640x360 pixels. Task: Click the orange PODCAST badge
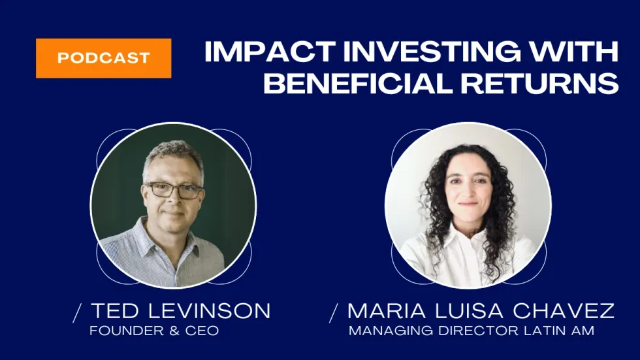[103, 58]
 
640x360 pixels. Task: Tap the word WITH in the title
[574, 52]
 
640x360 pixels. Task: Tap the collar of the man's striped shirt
[167, 241]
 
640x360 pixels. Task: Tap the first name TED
[116, 311]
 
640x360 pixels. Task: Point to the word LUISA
[469, 311]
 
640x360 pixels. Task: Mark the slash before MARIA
[334, 314]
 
